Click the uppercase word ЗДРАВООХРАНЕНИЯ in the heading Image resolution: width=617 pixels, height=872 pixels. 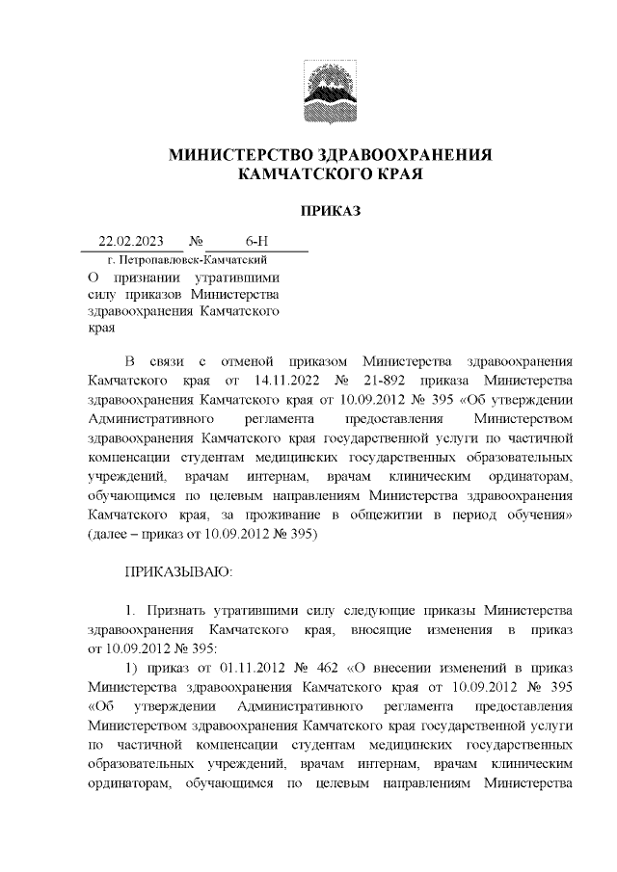click(397, 155)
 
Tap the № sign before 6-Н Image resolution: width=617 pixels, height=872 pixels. click(196, 241)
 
